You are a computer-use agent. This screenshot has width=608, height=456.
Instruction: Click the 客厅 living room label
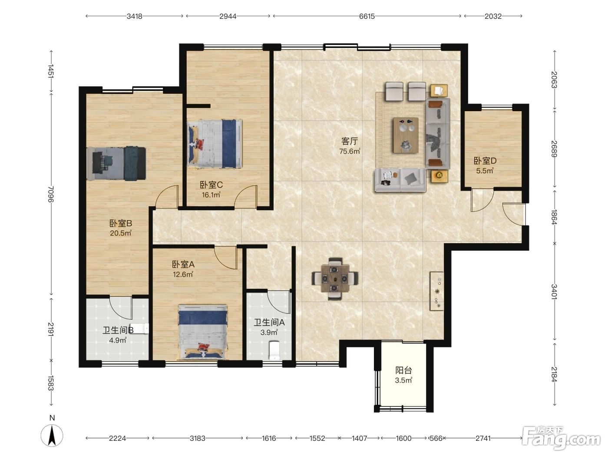coord(350,142)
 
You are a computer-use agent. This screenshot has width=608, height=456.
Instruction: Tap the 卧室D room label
coord(485,161)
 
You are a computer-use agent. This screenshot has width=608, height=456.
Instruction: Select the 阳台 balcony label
coord(403,370)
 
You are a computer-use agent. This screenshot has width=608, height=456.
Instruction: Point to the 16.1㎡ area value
coord(211,195)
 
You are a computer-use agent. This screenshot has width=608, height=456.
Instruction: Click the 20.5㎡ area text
coord(120,233)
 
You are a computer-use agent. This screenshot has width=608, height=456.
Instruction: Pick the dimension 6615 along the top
coord(367,17)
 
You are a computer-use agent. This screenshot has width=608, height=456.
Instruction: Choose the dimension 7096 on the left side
coord(51,194)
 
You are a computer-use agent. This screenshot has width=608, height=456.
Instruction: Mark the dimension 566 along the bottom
coord(436,438)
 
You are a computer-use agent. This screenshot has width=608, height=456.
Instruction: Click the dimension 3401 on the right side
coord(554,292)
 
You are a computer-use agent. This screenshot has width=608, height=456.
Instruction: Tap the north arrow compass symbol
coord(52,435)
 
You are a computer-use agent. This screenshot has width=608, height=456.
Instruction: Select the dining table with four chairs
coord(334,279)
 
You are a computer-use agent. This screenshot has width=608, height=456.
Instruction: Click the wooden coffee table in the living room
coord(406,135)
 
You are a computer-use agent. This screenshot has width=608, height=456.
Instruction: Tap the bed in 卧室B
coord(116,164)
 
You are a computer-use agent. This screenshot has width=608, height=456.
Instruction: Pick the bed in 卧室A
coord(203,332)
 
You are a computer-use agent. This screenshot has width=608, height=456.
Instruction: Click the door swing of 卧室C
coord(245,195)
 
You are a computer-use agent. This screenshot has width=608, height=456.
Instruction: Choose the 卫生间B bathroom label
coord(118,330)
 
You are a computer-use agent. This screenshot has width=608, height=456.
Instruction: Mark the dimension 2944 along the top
coord(228,17)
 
